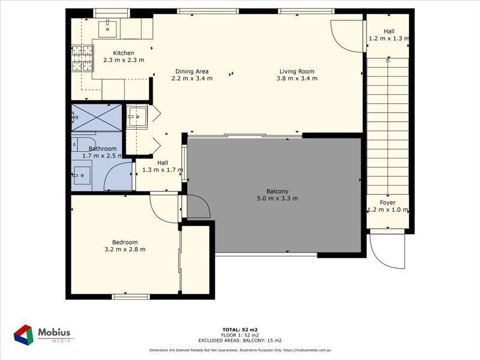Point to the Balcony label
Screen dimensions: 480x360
pos(277,191)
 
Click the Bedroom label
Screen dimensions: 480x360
pos(125,242)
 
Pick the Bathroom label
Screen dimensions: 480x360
pos(103,148)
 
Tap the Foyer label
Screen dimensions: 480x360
pos(388,203)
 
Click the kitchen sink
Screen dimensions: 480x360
pos(107,28)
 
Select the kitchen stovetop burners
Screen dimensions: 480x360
pos(82,58)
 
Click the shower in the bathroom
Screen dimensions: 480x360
pos(97,118)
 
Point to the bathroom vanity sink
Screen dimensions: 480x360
pos(82,175)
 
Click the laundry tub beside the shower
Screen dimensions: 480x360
pos(137,116)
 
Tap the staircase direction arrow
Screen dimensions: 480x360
pos(388,127)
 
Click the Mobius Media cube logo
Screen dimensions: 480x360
pos(23,335)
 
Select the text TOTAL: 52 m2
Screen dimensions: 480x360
pos(240,329)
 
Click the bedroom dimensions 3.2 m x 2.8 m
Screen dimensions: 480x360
pos(125,249)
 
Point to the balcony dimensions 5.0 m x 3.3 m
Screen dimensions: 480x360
pos(277,199)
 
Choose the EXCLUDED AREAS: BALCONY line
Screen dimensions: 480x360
pos(240,340)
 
